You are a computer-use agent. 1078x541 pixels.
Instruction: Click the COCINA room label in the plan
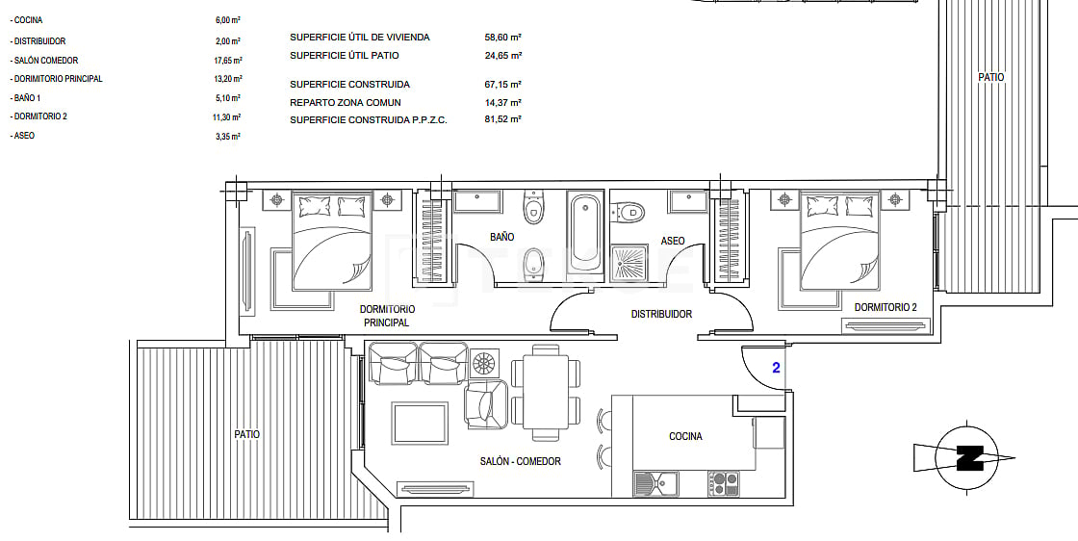coord(685,436)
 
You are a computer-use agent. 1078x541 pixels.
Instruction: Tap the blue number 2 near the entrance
coord(775,367)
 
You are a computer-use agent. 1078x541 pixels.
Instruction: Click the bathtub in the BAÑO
coord(584,233)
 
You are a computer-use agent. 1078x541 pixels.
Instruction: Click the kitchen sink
coord(655,482)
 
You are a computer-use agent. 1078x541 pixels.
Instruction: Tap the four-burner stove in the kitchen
coord(723,482)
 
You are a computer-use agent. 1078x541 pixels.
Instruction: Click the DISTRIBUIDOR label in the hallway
coord(661,314)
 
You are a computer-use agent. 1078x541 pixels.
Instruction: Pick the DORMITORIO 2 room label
coord(885,307)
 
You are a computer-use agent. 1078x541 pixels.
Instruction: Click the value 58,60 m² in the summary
coord(502,38)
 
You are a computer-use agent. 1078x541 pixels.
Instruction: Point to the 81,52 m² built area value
coord(502,120)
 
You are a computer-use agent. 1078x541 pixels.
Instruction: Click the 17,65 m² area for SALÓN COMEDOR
coord(227,61)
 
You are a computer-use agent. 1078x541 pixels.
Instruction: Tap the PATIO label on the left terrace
coord(246,434)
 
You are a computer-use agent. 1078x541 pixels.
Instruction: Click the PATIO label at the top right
coord(991,77)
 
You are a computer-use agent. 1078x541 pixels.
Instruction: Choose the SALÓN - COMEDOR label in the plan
coord(520,461)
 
